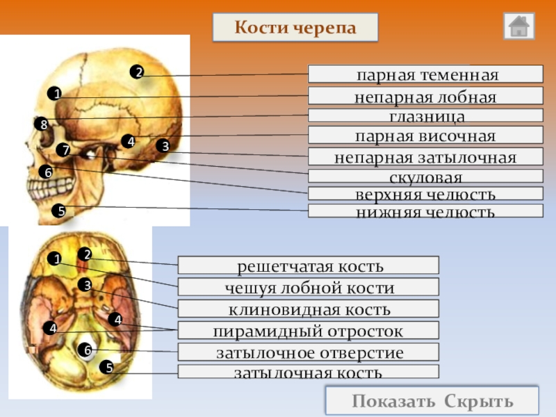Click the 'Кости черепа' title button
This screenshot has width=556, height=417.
pyautogui.click(x=295, y=28)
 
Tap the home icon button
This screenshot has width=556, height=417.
pyautogui.click(x=519, y=26)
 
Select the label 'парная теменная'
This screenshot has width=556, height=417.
pyautogui.click(x=425, y=74)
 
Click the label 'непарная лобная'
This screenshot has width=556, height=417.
pyautogui.click(x=425, y=97)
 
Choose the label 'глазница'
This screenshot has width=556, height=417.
pyautogui.click(x=425, y=116)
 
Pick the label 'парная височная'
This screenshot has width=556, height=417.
pyautogui.click(x=425, y=136)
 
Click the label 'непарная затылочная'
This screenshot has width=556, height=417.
pyautogui.click(x=425, y=157)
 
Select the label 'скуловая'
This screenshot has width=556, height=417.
pyautogui.click(x=425, y=177)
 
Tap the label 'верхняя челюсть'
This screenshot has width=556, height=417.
pyautogui.click(x=425, y=194)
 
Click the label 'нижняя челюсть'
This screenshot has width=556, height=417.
pyautogui.click(x=425, y=211)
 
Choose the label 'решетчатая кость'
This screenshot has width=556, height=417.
pyautogui.click(x=309, y=265)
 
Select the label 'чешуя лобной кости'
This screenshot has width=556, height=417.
pyautogui.click(x=309, y=287)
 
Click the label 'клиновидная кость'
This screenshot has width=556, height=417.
pyautogui.click(x=309, y=309)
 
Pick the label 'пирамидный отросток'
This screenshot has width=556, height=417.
pyautogui.click(x=309, y=330)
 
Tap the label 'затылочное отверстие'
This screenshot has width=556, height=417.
pyautogui.click(x=309, y=352)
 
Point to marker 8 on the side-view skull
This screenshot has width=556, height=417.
pyautogui.click(x=43, y=124)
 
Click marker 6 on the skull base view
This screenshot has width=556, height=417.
pyautogui.click(x=88, y=350)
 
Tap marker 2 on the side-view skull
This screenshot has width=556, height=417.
pyautogui.click(x=138, y=72)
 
